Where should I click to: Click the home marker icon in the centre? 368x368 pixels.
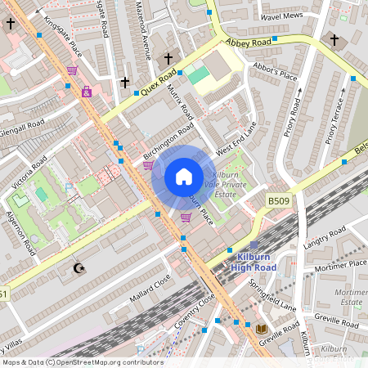point(184,177)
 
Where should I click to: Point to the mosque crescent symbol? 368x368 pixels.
point(79,268)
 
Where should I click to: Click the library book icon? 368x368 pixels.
point(262,329)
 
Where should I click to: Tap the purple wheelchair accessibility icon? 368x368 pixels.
point(87,92)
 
